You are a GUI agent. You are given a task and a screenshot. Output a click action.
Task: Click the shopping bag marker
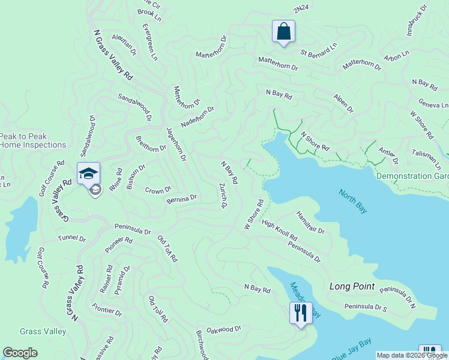point(283,32)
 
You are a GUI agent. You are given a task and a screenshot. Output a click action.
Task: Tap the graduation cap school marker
point(88,174)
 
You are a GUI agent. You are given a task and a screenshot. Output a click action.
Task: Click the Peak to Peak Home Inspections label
point(32,141)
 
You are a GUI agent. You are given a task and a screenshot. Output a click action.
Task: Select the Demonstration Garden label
point(412,176)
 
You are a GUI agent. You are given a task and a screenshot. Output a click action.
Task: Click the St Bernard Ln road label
point(319,47)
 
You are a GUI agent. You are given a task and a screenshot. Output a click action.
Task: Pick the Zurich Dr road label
point(223,196)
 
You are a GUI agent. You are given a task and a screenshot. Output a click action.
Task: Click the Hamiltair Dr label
point(310,222)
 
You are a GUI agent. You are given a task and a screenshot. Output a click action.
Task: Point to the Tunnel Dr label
point(72,238)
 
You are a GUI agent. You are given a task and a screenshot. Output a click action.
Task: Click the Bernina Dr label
point(182,198)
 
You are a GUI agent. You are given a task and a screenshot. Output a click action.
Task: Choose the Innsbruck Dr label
point(417,22)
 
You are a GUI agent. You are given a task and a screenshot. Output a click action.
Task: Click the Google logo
point(20,353)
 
